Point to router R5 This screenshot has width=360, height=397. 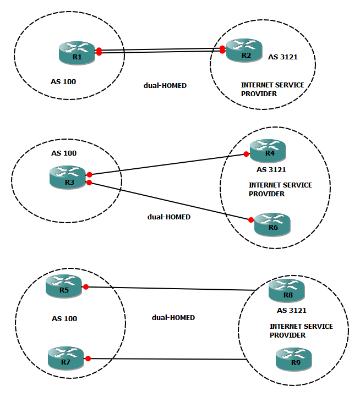(x=63, y=286)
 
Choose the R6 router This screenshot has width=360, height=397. (x=272, y=224)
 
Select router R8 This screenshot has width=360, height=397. (x=287, y=291)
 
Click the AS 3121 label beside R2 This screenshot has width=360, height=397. (x=282, y=57)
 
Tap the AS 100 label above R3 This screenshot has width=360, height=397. (x=63, y=153)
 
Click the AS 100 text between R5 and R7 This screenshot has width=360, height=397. (x=64, y=318)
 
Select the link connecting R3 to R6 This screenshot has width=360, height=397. (x=171, y=201)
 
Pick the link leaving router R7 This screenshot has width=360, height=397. (x=165, y=359)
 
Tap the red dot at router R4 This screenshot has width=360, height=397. (x=247, y=155)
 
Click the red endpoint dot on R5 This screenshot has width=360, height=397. (x=86, y=286)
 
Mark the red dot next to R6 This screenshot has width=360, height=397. (x=251, y=220)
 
